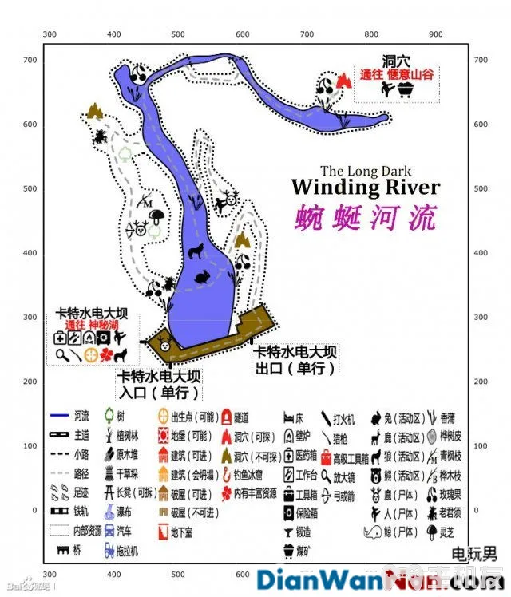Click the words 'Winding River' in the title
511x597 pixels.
point(365,188)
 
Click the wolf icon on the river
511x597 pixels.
point(193,252)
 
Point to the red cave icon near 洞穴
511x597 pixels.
point(344,81)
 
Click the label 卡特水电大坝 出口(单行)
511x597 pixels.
point(295,359)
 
